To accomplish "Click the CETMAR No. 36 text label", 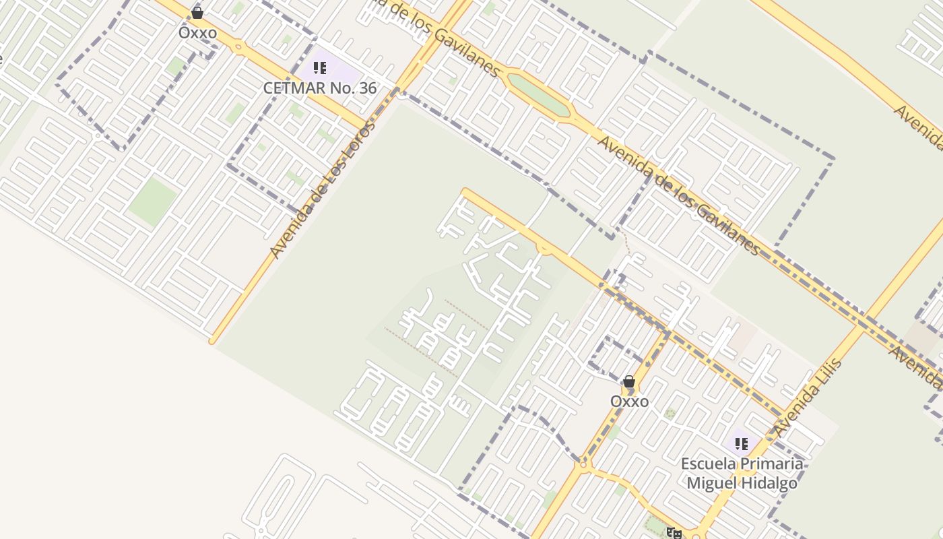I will click(319, 88).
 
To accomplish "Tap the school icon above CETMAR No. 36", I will click(320, 68).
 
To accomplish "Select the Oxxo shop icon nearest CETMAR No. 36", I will click(197, 13).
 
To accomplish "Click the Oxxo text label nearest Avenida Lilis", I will click(629, 402).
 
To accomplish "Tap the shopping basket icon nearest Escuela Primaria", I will click(629, 382).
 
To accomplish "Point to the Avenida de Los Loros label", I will click(322, 189).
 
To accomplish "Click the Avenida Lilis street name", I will click(808, 398).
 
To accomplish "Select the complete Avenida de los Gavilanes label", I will click(678, 195).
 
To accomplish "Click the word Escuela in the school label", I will click(708, 464).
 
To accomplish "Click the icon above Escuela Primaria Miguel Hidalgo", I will click(742, 444).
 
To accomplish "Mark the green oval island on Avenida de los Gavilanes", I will click(538, 94).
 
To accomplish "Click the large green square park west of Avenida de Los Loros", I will click(153, 201).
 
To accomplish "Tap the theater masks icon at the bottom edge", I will click(673, 533).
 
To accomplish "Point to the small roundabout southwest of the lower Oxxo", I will click(583, 464).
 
